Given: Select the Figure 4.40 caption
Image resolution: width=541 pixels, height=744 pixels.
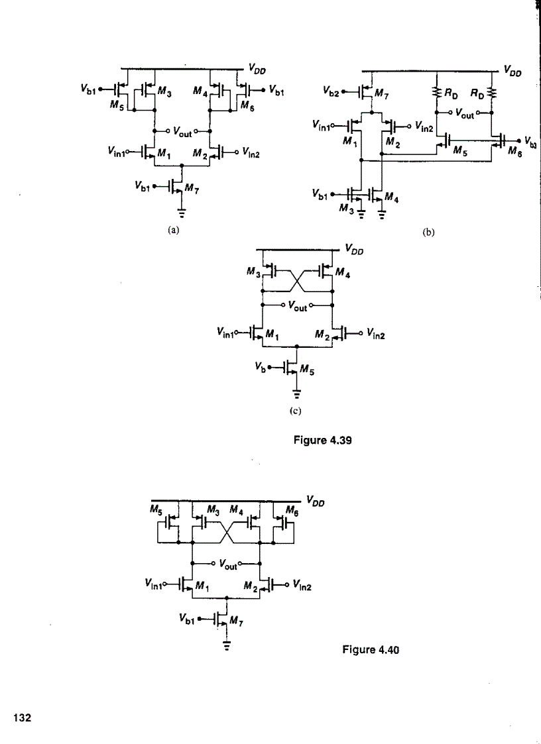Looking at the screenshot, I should pos(371,650).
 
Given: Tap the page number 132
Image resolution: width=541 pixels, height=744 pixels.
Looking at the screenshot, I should pos(23,717).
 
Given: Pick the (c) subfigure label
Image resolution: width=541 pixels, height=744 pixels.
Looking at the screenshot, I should pos(296,411).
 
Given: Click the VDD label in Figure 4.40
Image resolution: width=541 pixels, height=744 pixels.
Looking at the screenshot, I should pos(316,500).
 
